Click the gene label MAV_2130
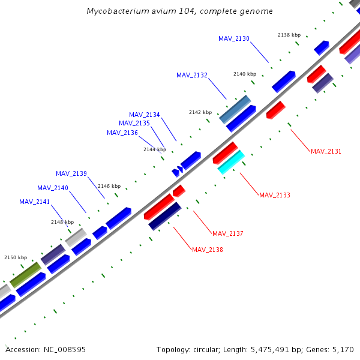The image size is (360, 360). (x=234, y=38)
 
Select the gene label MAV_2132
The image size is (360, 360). (x=192, y=75)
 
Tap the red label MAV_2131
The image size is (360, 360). (x=326, y=151)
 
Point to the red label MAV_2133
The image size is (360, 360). (x=274, y=195)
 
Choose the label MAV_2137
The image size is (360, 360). (x=228, y=233)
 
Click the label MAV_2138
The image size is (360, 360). (x=208, y=250)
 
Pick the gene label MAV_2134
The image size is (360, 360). (x=145, y=115)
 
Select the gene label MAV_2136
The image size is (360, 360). (x=122, y=133)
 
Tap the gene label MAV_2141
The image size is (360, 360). (x=35, y=202)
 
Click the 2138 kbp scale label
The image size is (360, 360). (x=289, y=35)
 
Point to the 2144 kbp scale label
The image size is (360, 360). (x=155, y=149)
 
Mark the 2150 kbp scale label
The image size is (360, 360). (x=16, y=257)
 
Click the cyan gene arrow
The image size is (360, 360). (x=231, y=162)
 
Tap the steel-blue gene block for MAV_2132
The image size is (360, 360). (x=235, y=109)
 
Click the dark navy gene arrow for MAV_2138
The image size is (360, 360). (x=165, y=216)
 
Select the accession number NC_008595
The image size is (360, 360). (x=65, y=349)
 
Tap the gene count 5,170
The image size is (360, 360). (x=343, y=349)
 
